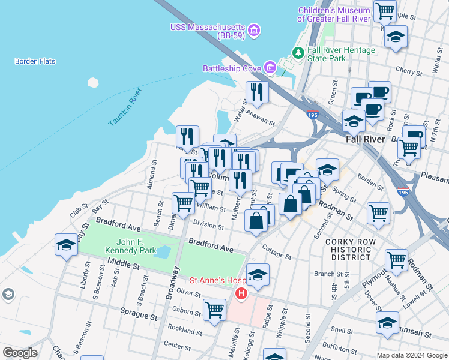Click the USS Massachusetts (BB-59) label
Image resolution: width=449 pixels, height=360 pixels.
(x=208, y=28)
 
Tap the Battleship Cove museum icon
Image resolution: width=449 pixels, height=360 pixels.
(x=270, y=68)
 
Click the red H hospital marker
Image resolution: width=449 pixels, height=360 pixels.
(x=241, y=294)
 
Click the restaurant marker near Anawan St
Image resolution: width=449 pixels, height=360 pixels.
(x=256, y=92)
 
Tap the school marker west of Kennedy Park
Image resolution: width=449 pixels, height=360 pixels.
(x=66, y=244)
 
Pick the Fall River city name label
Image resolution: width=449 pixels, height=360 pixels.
(x=365, y=139)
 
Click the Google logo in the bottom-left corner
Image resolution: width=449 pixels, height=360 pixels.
(x=20, y=353)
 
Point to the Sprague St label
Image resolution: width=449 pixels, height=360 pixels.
(x=139, y=316)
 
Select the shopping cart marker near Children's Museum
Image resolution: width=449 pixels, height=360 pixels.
(x=384, y=10)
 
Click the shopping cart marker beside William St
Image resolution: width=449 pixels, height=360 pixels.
(x=183, y=202)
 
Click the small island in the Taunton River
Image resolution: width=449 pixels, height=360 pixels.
(x=92, y=83)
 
